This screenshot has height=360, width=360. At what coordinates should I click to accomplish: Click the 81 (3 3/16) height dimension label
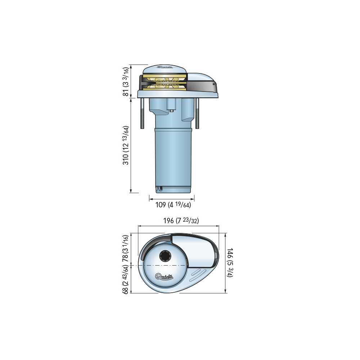click(x=126, y=82)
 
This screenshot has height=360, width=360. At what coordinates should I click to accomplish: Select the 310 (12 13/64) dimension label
click(x=126, y=145)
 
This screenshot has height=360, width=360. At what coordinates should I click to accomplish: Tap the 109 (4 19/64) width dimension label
click(x=173, y=204)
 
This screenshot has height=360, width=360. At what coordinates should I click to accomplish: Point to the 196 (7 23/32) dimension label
click(x=181, y=221)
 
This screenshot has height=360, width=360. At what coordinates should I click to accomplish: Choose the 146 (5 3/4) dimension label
click(x=230, y=262)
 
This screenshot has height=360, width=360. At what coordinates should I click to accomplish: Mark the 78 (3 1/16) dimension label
click(x=125, y=248)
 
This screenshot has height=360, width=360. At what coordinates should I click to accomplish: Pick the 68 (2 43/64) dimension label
click(x=125, y=279)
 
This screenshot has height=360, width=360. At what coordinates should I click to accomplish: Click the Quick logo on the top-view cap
click(x=164, y=276)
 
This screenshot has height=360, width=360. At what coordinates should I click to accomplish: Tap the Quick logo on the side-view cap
click(x=165, y=67)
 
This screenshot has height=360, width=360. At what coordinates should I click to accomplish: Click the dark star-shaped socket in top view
click(x=165, y=256)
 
